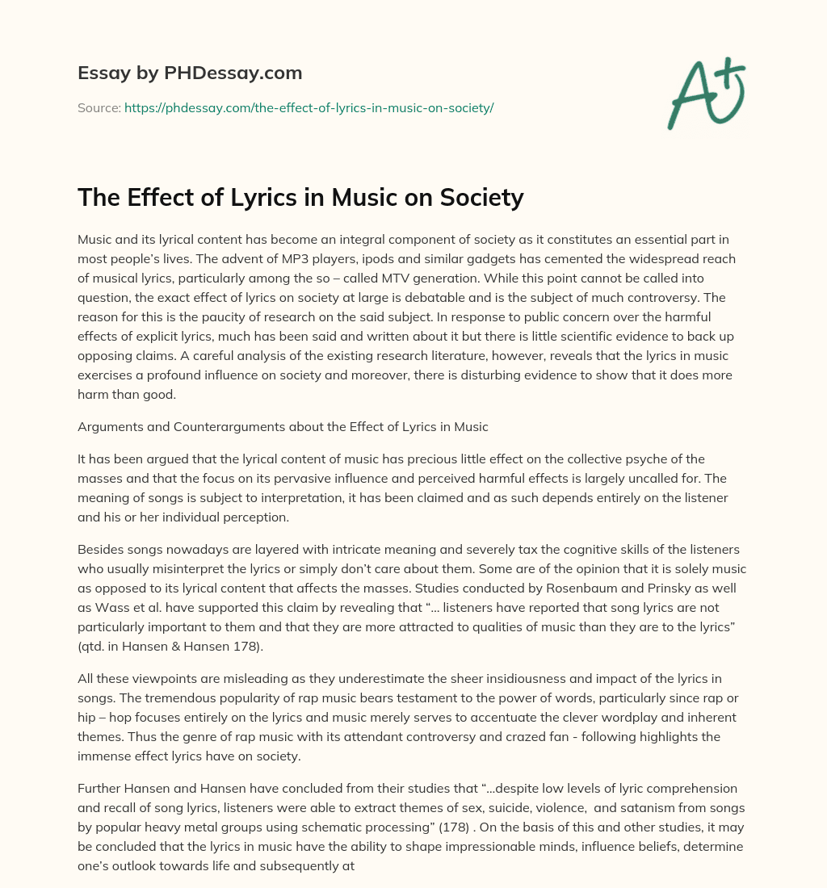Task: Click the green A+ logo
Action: pyautogui.click(x=705, y=94)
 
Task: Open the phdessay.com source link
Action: pyautogui.click(x=309, y=107)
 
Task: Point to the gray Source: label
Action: pyautogui.click(x=99, y=107)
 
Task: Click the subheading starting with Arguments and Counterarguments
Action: pyautogui.click(x=283, y=427)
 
